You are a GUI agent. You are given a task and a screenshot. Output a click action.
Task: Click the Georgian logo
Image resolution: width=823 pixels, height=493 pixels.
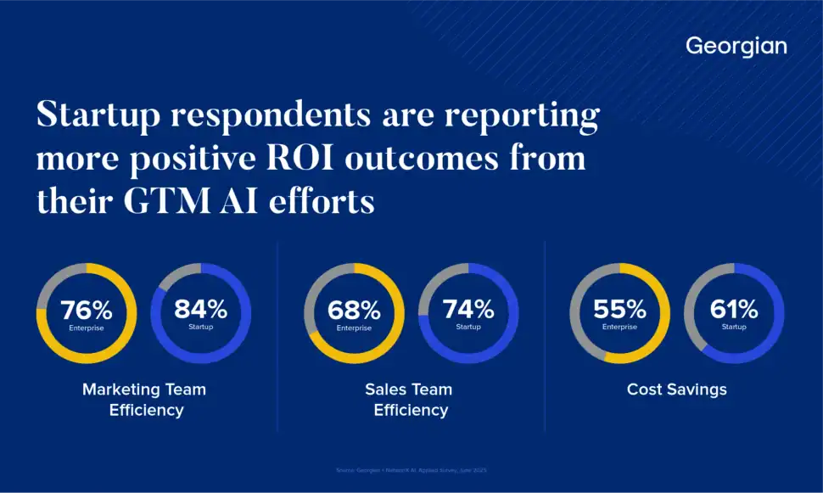click(x=736, y=46)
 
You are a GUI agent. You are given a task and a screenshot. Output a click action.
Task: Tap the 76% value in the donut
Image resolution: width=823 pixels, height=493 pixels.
click(x=86, y=311)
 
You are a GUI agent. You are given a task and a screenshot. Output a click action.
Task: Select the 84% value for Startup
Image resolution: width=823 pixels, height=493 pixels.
click(x=200, y=309)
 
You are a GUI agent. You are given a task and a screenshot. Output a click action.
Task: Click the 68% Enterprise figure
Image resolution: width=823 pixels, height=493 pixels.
click(x=354, y=311)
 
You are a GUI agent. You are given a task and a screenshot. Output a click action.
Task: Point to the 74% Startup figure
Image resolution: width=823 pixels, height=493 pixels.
click(x=468, y=309)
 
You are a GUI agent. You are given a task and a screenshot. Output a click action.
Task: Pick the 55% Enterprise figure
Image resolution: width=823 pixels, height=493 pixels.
click(x=619, y=310)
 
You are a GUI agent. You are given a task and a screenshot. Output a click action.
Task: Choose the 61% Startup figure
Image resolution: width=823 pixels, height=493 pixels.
click(x=734, y=309)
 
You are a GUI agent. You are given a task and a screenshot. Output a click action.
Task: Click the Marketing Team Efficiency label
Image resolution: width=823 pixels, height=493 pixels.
click(x=144, y=400)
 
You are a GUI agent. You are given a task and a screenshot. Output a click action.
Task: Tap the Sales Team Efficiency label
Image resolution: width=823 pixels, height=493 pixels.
click(x=409, y=400)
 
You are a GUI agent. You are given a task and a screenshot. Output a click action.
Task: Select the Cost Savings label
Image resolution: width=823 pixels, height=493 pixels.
click(x=676, y=389)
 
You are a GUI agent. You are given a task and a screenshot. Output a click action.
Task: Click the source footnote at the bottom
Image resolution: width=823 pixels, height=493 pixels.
click(x=411, y=469)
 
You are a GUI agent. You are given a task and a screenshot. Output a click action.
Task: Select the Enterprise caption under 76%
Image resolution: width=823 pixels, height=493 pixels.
click(x=86, y=328)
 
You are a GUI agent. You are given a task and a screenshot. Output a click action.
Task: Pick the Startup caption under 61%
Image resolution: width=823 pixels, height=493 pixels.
click(x=734, y=327)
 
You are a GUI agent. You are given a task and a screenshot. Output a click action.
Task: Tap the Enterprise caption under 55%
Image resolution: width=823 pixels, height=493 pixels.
click(x=619, y=328)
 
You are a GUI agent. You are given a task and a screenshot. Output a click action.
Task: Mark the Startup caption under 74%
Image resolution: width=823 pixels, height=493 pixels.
click(x=468, y=327)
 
